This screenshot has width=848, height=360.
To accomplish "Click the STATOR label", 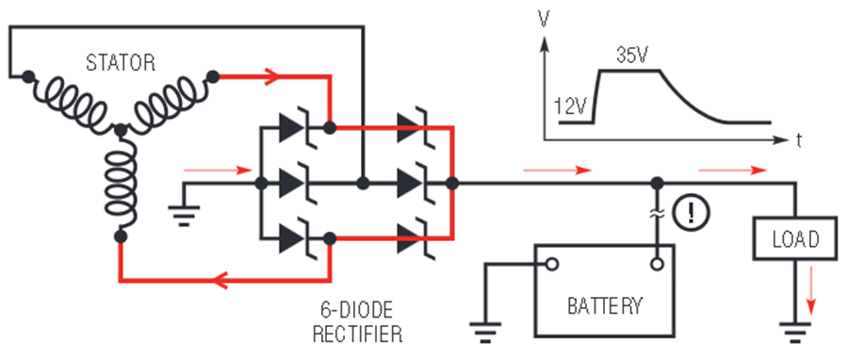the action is tap(121, 63).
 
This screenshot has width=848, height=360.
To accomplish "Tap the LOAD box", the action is tap(795, 239).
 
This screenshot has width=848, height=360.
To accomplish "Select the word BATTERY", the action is tap(605, 306).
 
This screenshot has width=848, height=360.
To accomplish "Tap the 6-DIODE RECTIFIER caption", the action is tap(357, 322).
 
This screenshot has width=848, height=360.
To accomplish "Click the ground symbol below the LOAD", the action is tap(795, 332).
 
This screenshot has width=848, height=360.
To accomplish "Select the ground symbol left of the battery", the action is tap(485, 332).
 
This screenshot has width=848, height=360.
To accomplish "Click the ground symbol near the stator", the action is tap(184, 214).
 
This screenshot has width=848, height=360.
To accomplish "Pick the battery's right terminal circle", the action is tap(657, 264).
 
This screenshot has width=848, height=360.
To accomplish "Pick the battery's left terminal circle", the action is tap(551, 264).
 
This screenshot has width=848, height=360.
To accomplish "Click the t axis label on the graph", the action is tap(798, 140).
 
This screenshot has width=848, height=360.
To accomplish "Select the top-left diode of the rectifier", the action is tap(294, 127).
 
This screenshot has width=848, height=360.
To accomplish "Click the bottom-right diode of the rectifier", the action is tap(412, 239).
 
